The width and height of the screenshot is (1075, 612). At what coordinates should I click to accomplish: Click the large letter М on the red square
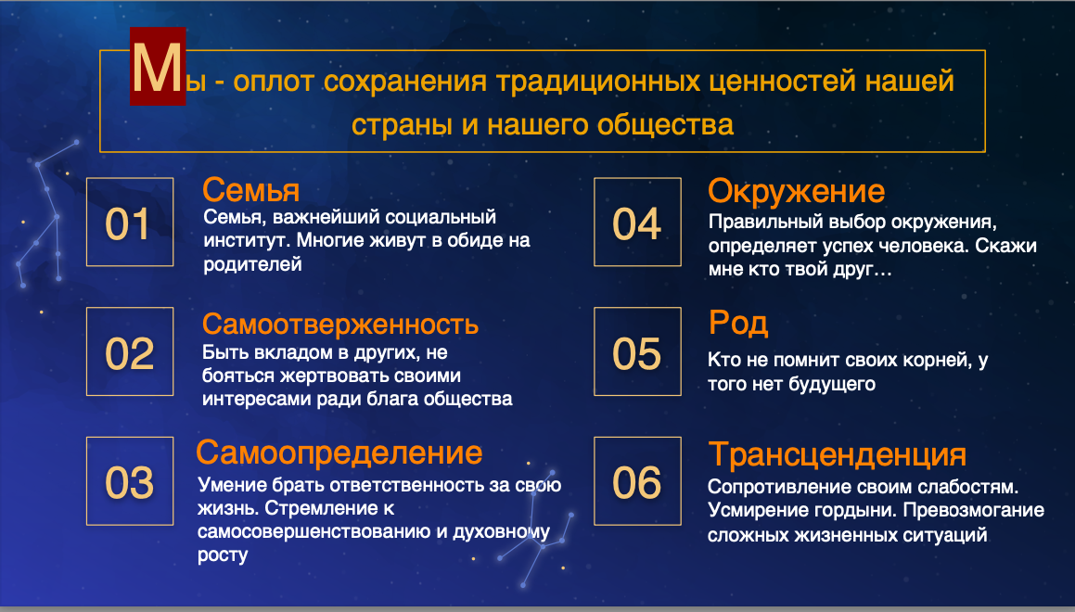(x=158, y=67)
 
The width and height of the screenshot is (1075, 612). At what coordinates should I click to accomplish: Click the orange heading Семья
(x=251, y=190)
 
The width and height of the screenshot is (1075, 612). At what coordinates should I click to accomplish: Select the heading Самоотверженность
(x=340, y=325)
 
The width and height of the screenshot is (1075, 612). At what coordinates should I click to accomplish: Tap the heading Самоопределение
(x=339, y=453)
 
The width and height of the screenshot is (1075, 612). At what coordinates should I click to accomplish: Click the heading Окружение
(x=796, y=191)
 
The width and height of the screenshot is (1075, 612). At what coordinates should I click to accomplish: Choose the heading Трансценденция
(x=838, y=455)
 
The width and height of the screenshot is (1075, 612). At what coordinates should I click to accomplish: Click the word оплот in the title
(x=274, y=83)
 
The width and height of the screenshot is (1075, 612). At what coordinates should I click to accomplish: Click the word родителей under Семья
(x=253, y=264)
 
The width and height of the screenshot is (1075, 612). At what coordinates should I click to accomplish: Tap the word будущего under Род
(x=832, y=384)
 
